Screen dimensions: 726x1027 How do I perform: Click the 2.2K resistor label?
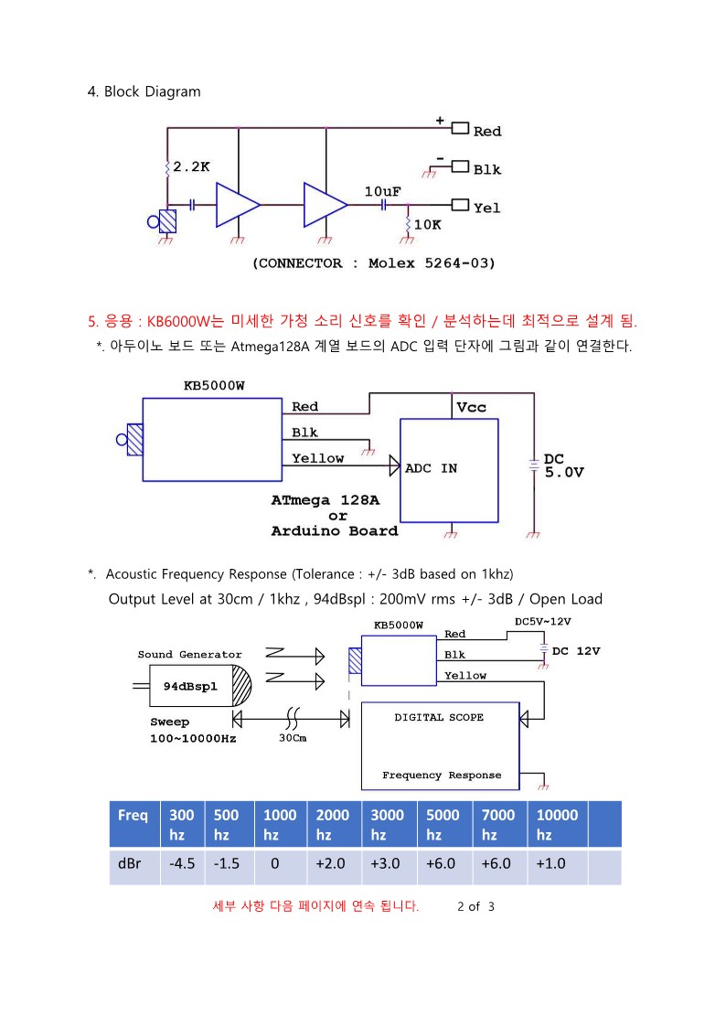point(191,167)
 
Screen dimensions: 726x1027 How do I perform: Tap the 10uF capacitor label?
point(382,191)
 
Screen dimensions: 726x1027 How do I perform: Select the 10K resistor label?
point(428,225)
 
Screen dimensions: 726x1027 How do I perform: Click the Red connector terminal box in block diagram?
point(460,128)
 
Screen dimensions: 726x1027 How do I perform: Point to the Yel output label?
point(487,209)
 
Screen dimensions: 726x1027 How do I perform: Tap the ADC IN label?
point(431,468)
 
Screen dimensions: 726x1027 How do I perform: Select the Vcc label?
point(471,407)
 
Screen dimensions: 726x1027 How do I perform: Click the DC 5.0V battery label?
point(563,465)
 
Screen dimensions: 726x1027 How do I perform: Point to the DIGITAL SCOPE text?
point(439,717)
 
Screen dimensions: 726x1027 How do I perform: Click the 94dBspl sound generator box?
point(190,686)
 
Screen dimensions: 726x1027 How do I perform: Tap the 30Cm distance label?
point(293,738)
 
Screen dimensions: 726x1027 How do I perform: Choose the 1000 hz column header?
point(280,824)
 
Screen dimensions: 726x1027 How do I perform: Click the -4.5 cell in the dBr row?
point(182,864)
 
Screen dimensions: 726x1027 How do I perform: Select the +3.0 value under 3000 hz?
point(385,864)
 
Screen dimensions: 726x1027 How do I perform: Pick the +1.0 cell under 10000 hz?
point(550,864)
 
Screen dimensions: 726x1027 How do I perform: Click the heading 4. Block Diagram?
point(144,91)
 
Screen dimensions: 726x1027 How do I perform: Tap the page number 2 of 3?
point(476,906)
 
